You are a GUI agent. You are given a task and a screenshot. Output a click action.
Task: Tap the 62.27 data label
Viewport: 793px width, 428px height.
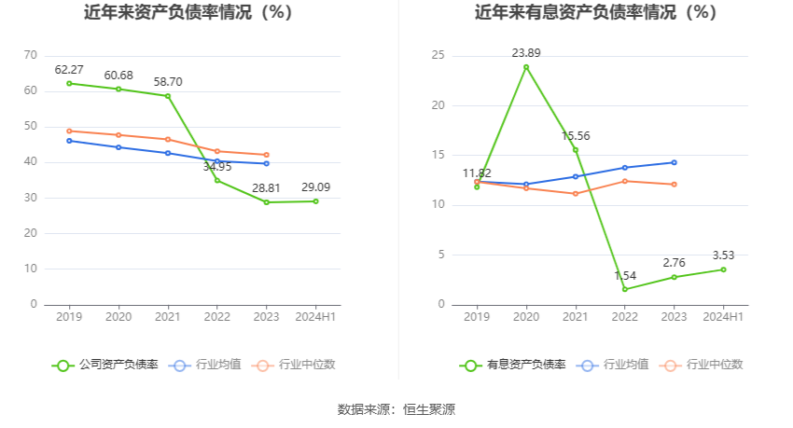click(70, 69)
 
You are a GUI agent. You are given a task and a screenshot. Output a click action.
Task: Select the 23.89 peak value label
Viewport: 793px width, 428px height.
click(526, 53)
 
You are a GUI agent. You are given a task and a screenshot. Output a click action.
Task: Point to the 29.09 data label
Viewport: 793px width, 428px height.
click(315, 187)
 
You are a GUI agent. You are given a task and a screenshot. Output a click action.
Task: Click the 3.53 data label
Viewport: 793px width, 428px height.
click(723, 255)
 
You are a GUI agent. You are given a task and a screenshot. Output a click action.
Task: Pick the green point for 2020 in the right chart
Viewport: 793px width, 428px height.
click(526, 67)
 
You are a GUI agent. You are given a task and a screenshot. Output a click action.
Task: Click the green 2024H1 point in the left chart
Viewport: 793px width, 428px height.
click(315, 201)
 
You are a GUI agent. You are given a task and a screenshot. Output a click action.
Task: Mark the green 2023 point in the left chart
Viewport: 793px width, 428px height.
click(266, 202)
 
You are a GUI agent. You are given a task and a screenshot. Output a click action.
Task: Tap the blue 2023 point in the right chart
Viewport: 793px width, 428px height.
click(674, 162)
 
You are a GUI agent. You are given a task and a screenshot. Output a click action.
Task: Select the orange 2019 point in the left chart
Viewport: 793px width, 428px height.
click(69, 131)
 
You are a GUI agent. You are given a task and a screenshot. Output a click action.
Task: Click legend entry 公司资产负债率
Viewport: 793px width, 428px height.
click(104, 365)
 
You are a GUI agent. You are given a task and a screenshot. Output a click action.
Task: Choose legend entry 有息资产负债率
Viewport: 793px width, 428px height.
click(513, 365)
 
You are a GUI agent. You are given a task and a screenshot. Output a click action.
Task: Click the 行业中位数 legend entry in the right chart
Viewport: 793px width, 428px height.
click(701, 365)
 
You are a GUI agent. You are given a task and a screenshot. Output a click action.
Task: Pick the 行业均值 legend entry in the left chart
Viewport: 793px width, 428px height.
click(204, 365)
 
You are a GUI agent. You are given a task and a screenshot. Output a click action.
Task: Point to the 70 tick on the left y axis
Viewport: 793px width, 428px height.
click(31, 56)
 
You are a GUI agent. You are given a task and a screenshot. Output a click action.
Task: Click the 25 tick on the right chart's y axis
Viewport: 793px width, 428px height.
click(438, 56)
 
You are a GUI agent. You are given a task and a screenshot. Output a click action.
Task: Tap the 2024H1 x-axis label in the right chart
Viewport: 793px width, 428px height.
click(723, 317)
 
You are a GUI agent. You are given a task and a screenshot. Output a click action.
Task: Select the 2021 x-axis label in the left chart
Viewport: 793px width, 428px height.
click(168, 317)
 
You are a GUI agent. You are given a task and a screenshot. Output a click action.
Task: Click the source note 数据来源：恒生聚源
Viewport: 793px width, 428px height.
click(396, 409)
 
